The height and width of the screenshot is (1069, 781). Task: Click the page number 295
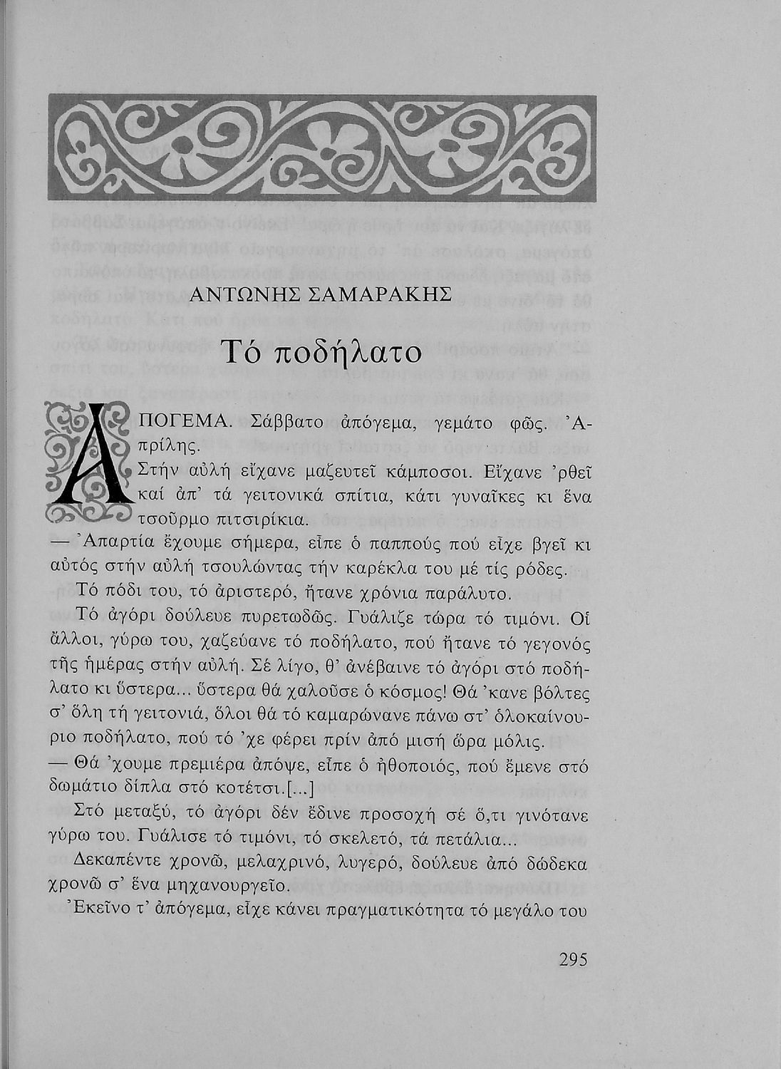[x=573, y=959]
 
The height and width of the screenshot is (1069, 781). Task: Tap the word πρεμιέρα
[x=192, y=765]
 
